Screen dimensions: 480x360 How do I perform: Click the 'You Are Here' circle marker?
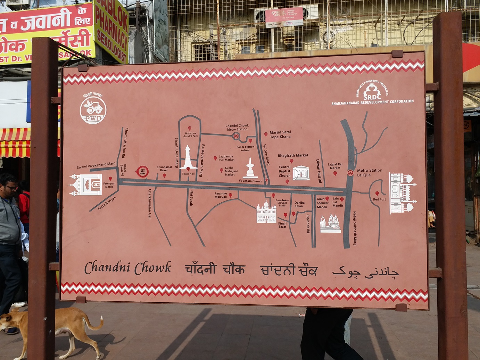point(142,171)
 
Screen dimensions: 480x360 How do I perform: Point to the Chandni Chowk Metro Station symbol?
point(236,136)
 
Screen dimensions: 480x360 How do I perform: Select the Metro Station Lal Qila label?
point(369,172)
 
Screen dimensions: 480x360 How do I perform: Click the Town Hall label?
point(188,174)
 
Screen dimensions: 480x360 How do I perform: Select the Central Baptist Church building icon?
point(301,173)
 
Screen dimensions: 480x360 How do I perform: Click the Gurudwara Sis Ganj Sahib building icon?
point(266,212)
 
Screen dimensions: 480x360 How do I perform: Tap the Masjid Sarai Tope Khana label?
point(280,134)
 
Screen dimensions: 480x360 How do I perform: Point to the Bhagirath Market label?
point(293,155)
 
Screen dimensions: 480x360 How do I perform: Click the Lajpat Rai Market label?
point(335,166)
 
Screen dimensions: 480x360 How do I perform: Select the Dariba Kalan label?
point(299,204)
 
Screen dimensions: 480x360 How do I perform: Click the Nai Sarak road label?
point(191,198)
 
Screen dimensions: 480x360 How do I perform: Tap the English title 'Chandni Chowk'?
point(128,268)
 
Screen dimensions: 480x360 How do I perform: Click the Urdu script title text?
point(365,271)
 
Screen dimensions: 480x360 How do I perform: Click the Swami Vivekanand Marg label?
point(96,165)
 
